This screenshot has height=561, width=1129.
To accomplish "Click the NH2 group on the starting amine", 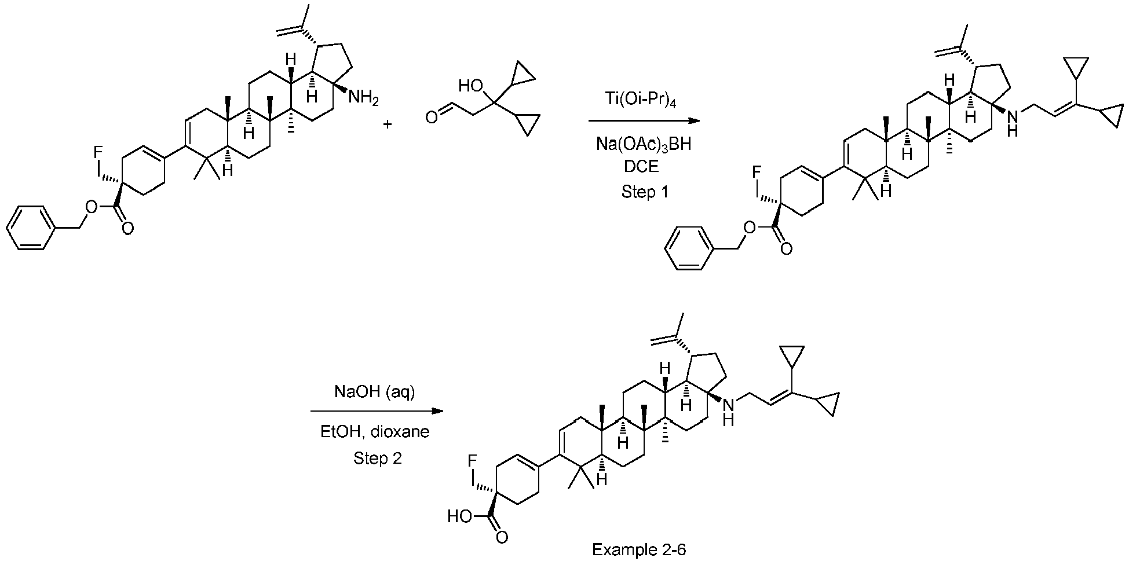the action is coord(363,97).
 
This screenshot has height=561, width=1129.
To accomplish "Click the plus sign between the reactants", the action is coord(388,123).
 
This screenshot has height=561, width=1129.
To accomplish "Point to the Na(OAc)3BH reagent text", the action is coord(644,144).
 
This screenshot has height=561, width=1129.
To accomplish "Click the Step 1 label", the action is coord(644,192).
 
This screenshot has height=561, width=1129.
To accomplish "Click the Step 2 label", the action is coord(377,459).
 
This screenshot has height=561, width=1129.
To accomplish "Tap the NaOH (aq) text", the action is coord(374,392).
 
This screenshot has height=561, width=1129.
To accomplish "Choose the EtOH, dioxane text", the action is coord(375,432).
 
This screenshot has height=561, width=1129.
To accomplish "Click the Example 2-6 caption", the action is coord(638,549).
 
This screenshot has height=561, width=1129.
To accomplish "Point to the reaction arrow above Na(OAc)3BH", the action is coord(644,121).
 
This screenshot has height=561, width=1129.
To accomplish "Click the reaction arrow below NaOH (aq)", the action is coord(377,411).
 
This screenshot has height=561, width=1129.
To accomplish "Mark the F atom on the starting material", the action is coord(97,153).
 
